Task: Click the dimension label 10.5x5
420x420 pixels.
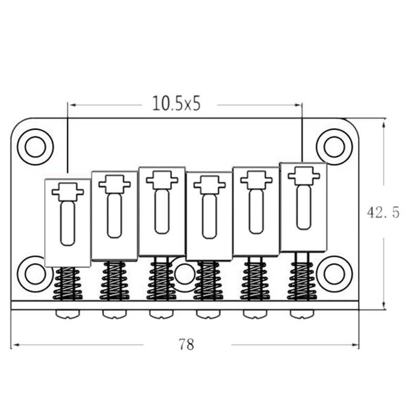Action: (176, 103)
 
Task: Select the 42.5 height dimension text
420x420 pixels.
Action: (383, 213)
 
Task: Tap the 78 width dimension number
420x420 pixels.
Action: (186, 344)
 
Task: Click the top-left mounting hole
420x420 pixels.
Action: (35, 146)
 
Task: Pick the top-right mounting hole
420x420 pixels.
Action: (334, 146)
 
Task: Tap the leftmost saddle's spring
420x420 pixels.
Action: (68, 283)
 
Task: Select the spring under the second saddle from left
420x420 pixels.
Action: (114, 281)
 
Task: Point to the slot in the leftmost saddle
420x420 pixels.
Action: (68, 223)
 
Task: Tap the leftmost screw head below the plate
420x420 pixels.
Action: (68, 314)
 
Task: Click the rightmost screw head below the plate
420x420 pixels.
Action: (302, 314)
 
